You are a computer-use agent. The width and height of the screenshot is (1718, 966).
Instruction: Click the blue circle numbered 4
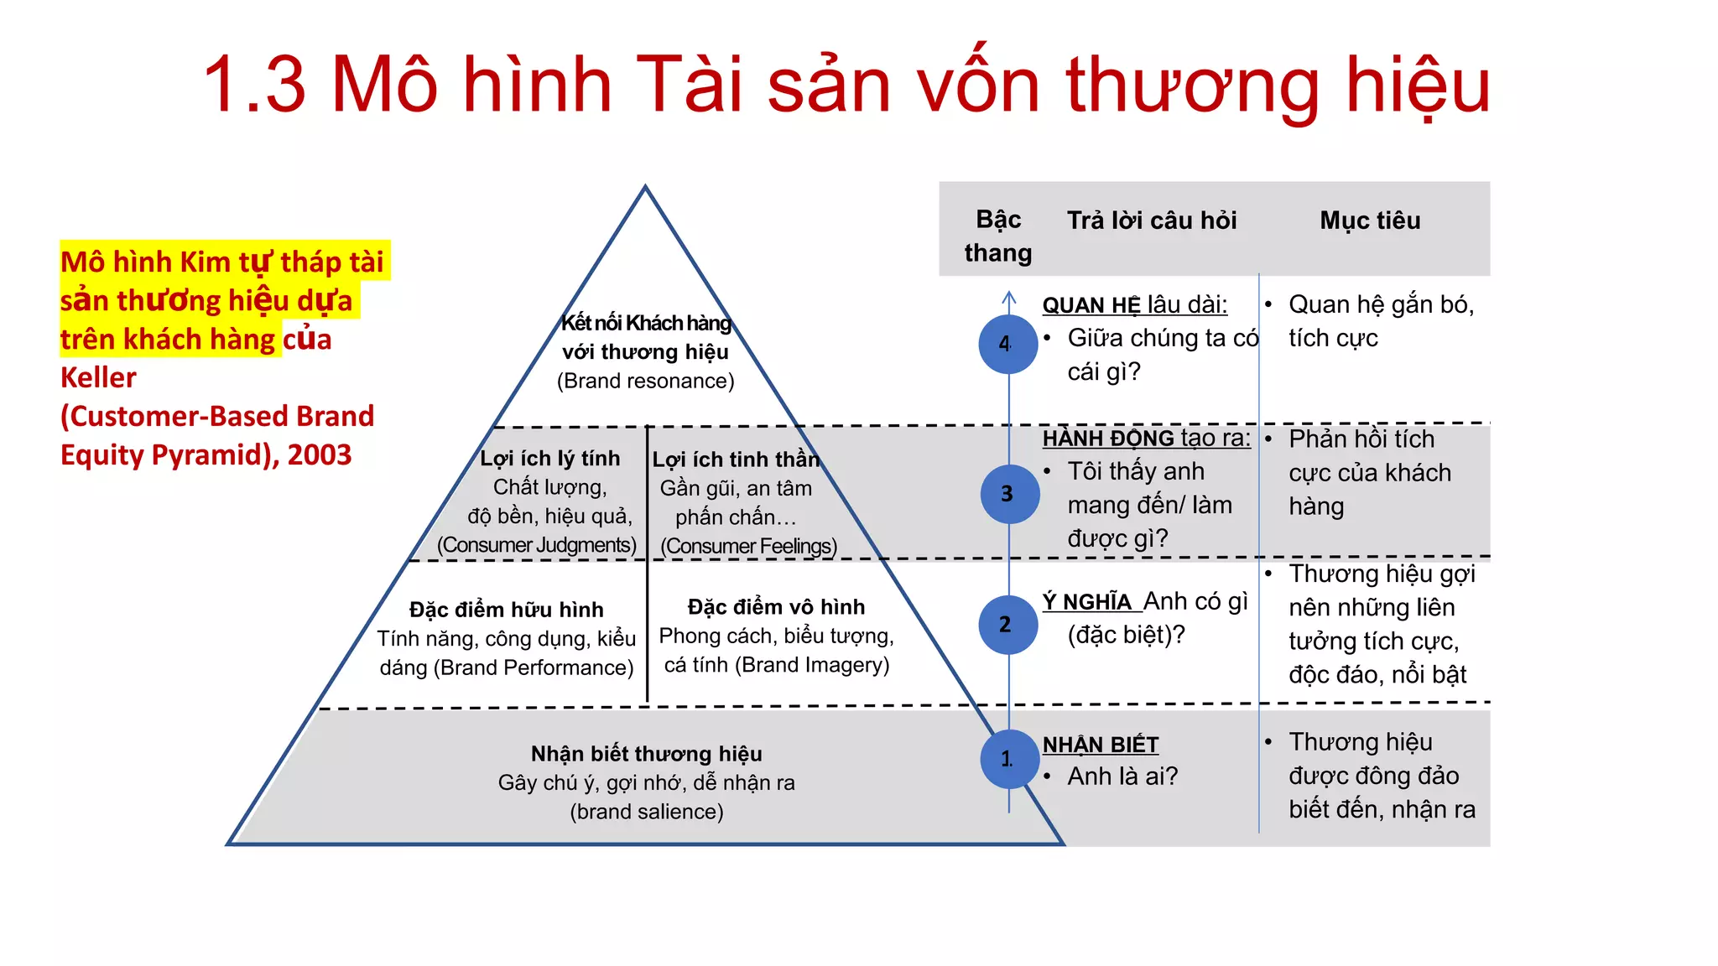pos(1007,344)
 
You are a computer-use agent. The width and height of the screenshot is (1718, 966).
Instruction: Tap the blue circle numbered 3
pos(1009,494)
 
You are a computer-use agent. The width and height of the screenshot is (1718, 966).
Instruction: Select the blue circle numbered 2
pos(1007,625)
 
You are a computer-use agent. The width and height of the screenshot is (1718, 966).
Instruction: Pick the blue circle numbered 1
pos(1009,759)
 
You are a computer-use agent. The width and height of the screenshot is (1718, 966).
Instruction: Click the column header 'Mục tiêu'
pos(1370,221)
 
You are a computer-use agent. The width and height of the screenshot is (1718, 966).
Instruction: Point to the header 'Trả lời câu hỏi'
pos(1151,221)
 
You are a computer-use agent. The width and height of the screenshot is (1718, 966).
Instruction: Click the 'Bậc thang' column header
pos(998,236)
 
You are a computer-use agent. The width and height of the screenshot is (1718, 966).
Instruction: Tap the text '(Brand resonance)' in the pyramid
pos(645,382)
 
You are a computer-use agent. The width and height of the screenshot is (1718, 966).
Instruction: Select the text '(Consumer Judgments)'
pos(537,545)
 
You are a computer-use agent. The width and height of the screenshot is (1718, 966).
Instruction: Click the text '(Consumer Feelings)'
pos(748,547)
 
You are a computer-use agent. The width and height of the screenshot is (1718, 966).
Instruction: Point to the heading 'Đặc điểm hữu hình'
pos(506,610)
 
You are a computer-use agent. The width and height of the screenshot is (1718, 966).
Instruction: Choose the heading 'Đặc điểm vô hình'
pos(776,607)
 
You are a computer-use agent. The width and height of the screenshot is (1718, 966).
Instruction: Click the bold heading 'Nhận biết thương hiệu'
pos(646,754)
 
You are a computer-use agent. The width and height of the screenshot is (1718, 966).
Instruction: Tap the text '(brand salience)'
pos(646,812)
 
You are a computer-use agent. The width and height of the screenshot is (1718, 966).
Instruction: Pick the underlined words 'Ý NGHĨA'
pos(1087,602)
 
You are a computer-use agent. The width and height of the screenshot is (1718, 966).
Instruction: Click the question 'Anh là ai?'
pos(1122,776)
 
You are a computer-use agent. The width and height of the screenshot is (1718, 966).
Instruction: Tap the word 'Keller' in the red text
pos(98,378)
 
